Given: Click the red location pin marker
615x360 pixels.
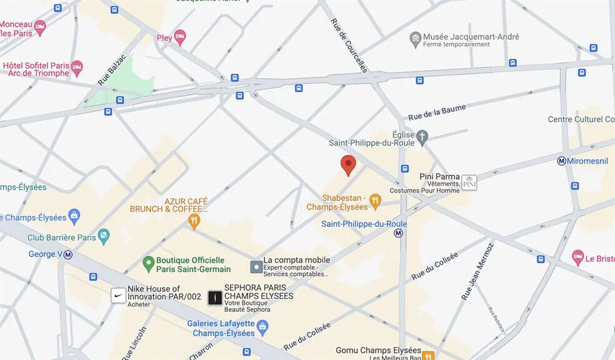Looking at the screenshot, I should coord(348,165).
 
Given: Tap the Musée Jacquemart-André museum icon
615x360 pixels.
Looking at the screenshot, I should coord(415,40).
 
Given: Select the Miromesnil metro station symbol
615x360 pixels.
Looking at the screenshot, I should coord(562,161).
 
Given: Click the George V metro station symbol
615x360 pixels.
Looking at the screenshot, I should coord(68,254).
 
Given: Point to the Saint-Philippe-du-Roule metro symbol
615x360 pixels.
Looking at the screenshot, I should coord(398,233).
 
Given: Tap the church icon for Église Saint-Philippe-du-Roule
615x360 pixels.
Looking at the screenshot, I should coord(422,136).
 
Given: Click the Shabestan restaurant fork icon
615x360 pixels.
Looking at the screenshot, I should coord(375,201).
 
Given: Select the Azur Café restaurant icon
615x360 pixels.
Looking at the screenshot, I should coord(194,220).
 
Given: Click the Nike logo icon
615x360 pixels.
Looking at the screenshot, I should coord(118,296).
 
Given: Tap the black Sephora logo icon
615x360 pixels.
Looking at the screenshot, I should coord(214,297).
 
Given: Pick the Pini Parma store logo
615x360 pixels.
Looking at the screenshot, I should coord(469,182).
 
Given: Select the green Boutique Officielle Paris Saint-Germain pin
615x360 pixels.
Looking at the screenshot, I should coord(148,264).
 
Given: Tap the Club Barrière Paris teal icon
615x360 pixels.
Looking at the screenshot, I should coord(104,237).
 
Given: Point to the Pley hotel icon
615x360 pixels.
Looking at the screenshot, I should coord(180,37).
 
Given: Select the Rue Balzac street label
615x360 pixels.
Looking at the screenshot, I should coord(112,70).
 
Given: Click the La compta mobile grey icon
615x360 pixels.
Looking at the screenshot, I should coord(256,267).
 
